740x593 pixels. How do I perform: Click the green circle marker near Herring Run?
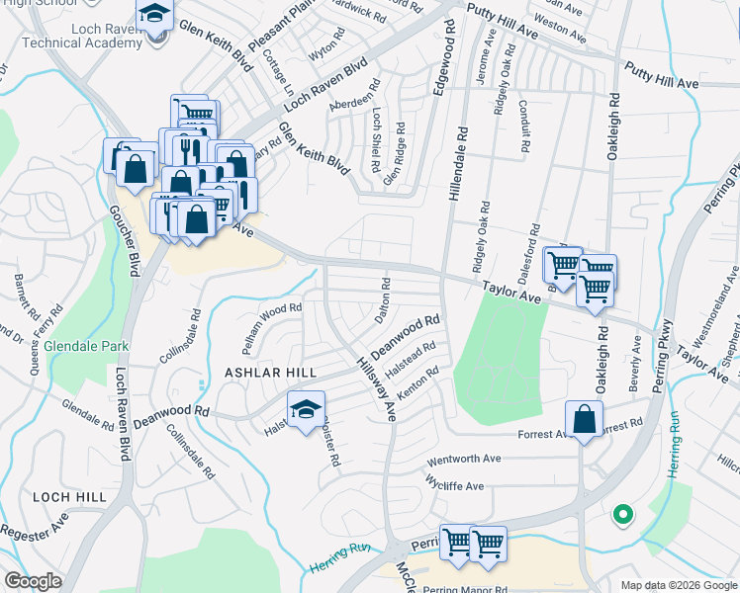(x=622, y=514)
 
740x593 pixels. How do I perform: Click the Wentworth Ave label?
(x=465, y=461)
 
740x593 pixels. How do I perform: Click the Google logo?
(x=33, y=581)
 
